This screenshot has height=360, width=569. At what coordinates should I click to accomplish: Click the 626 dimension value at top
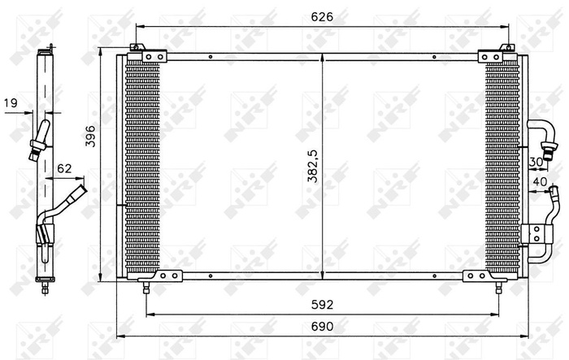coord(326,15)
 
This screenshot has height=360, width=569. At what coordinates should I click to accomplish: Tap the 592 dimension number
coord(324,305)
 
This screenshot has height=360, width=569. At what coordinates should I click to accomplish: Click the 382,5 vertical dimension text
coord(313,167)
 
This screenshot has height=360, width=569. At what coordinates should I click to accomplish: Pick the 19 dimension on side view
coord(11,102)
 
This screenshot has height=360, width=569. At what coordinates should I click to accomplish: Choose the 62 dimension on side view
coord(66,169)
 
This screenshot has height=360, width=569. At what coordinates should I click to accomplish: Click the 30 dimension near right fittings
coord(536,162)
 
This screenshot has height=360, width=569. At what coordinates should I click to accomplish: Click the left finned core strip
coord(143,166)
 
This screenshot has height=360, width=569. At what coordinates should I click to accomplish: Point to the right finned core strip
coord(502,166)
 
